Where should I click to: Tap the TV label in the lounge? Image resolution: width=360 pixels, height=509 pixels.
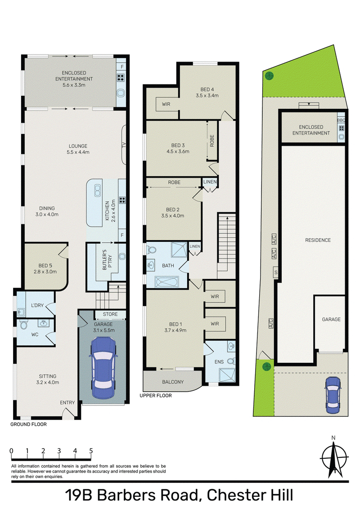pyautogui.click(x=123, y=145)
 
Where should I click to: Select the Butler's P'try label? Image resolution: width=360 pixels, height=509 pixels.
pyautogui.click(x=107, y=260)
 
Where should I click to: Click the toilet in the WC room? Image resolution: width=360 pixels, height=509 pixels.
pyautogui.click(x=24, y=325)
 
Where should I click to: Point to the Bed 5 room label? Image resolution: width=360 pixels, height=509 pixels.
pyautogui.click(x=45, y=269)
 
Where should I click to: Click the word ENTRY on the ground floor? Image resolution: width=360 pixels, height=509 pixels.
pyautogui.click(x=67, y=402)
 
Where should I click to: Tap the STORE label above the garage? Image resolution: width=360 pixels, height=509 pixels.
pyautogui.click(x=110, y=314)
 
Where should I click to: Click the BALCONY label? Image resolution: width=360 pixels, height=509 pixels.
pyautogui.click(x=173, y=382)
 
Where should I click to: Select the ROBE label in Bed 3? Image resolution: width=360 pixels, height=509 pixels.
pyautogui.click(x=212, y=141)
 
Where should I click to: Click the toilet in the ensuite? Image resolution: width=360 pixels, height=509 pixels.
pyautogui.click(x=231, y=361)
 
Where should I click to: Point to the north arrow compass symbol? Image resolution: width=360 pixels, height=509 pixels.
pyautogui.click(x=334, y=458)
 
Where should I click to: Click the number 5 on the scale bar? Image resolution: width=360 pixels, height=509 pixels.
pyautogui.click(x=91, y=451)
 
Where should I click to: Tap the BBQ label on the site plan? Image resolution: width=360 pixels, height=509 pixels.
pyautogui.click(x=341, y=120)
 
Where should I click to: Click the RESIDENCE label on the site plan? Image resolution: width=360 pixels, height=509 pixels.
pyautogui.click(x=318, y=240)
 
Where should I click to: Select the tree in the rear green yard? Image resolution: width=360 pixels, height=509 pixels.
pyautogui.click(x=269, y=76)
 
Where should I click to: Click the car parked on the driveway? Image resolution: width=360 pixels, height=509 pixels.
pyautogui.click(x=333, y=395)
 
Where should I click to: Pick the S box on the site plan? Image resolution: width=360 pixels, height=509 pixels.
pyautogui.click(x=276, y=272)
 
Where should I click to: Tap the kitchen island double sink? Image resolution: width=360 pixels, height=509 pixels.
pyautogui.click(x=97, y=191)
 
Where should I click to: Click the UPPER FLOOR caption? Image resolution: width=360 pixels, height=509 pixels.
pyautogui.click(x=156, y=395)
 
